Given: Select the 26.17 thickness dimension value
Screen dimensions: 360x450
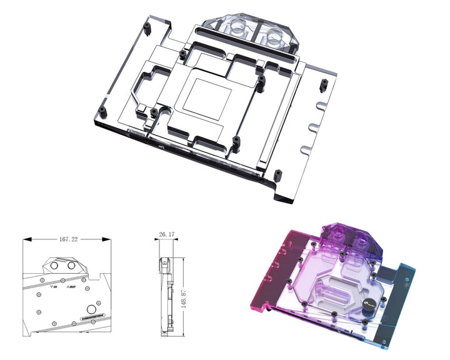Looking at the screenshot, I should (x=165, y=236).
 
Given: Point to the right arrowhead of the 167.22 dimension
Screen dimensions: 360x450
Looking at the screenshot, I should (x=107, y=239).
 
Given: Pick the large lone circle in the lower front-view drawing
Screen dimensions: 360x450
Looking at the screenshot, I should (x=92, y=309).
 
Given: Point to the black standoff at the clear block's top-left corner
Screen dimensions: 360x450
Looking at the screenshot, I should (x=146, y=27).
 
